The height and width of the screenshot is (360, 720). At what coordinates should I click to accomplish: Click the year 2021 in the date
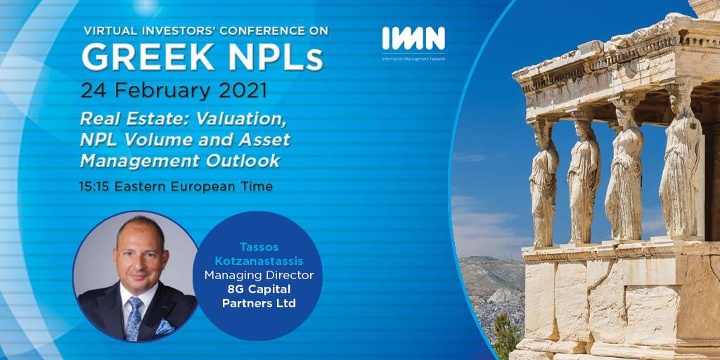tap(243, 91)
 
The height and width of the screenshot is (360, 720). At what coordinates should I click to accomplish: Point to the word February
tap(164, 91)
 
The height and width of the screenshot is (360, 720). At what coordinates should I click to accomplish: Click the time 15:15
tap(95, 186)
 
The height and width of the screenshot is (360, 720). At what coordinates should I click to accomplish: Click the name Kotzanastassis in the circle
tap(257, 262)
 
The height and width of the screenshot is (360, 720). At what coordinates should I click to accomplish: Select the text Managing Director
tap(259, 276)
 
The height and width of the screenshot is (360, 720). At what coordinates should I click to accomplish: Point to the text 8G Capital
tap(259, 289)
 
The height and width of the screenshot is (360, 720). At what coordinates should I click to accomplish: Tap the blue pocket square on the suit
tap(165, 327)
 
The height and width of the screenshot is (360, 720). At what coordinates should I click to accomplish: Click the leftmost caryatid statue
tap(544, 184)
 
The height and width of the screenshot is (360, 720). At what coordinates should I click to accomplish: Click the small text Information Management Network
tap(413, 59)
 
